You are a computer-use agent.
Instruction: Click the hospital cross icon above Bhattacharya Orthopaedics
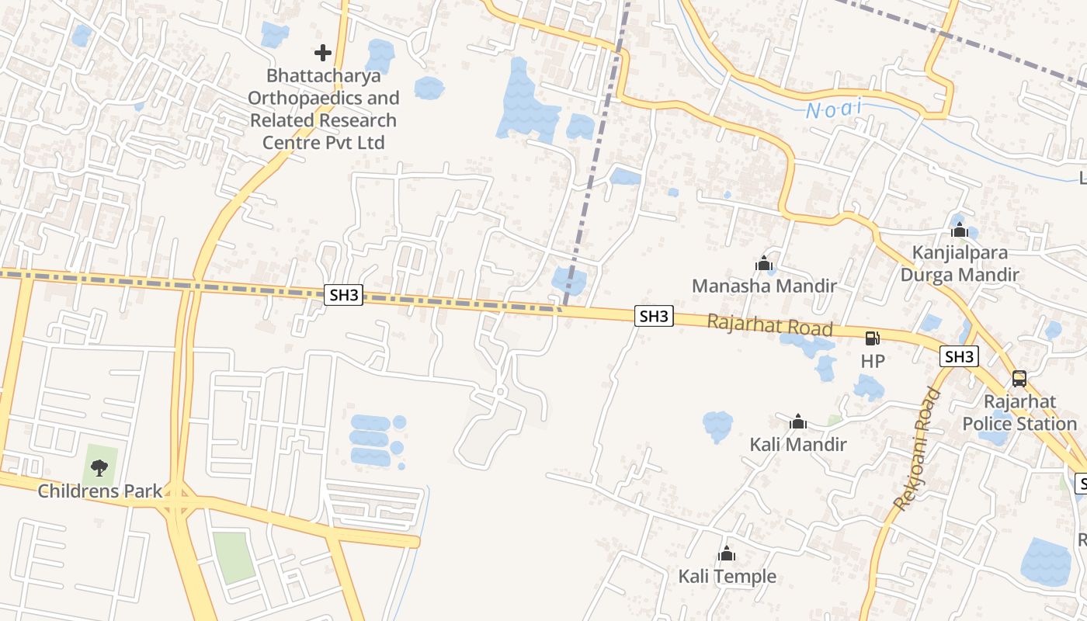pyautogui.click(x=322, y=53)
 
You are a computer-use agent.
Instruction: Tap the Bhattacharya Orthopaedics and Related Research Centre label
pyautogui.click(x=323, y=109)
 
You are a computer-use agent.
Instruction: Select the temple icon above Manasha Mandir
pyautogui.click(x=764, y=264)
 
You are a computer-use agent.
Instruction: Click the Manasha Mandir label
pyautogui.click(x=764, y=286)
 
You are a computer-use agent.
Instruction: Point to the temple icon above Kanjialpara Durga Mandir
pyautogui.click(x=960, y=230)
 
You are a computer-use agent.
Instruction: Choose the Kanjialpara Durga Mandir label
pyautogui.click(x=960, y=263)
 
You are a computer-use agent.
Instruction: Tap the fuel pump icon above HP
pyautogui.click(x=873, y=338)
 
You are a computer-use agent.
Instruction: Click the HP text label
pyautogui.click(x=873, y=361)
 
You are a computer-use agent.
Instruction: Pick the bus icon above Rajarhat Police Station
pyautogui.click(x=1019, y=379)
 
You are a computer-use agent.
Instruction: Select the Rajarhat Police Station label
pyautogui.click(x=1019, y=412)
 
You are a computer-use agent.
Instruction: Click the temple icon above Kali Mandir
pyautogui.click(x=798, y=422)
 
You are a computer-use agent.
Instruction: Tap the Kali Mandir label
pyautogui.click(x=798, y=445)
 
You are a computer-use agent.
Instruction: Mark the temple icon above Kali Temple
pyautogui.click(x=727, y=554)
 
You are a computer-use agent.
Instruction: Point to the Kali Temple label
pyautogui.click(x=727, y=576)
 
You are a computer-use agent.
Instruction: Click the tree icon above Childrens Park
pyautogui.click(x=99, y=467)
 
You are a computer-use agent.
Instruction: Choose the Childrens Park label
pyautogui.click(x=100, y=491)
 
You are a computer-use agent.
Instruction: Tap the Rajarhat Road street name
pyautogui.click(x=769, y=325)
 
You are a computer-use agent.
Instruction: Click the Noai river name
pyautogui.click(x=834, y=109)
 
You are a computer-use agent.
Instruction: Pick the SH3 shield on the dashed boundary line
pyautogui.click(x=343, y=295)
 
